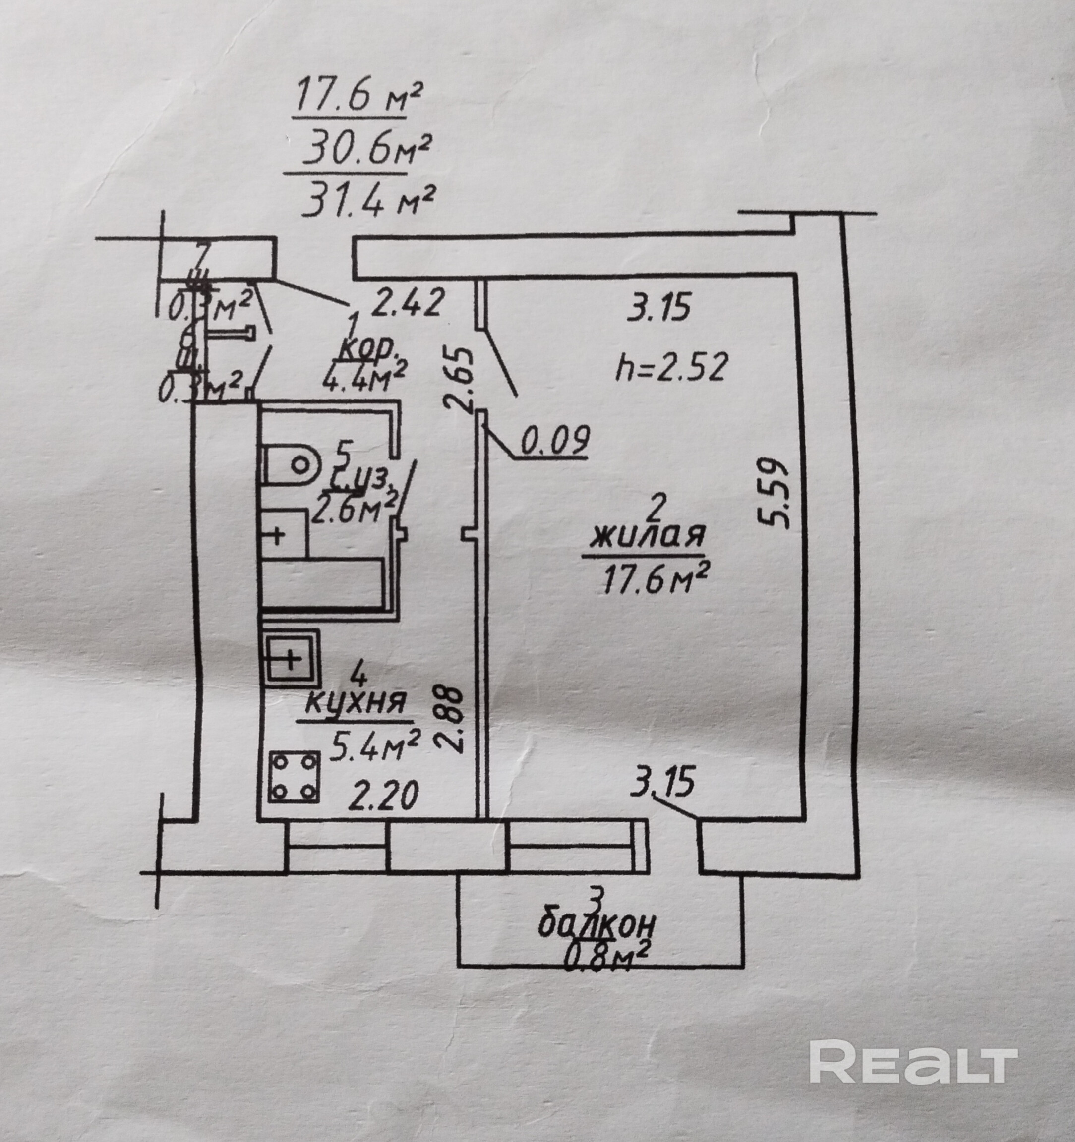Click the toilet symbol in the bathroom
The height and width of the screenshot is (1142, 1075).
coord(292,462)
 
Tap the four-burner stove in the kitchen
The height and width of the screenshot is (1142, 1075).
coord(294,776)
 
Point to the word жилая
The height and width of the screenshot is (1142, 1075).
coord(647,536)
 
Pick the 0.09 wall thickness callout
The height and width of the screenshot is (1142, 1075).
coord(555,440)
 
